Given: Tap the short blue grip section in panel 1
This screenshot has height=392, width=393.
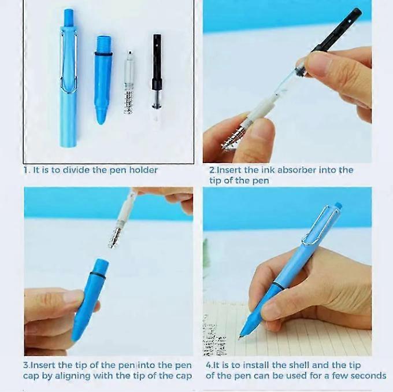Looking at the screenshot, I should pos(103,81).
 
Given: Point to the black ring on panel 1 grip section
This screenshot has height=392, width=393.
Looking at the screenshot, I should pos(103,54).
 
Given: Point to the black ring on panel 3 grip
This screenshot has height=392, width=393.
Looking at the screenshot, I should pos(98,274).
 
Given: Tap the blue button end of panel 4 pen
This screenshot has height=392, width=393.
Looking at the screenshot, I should pos(339,206).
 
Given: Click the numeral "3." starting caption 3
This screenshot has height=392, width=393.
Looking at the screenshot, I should pos(27,365).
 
